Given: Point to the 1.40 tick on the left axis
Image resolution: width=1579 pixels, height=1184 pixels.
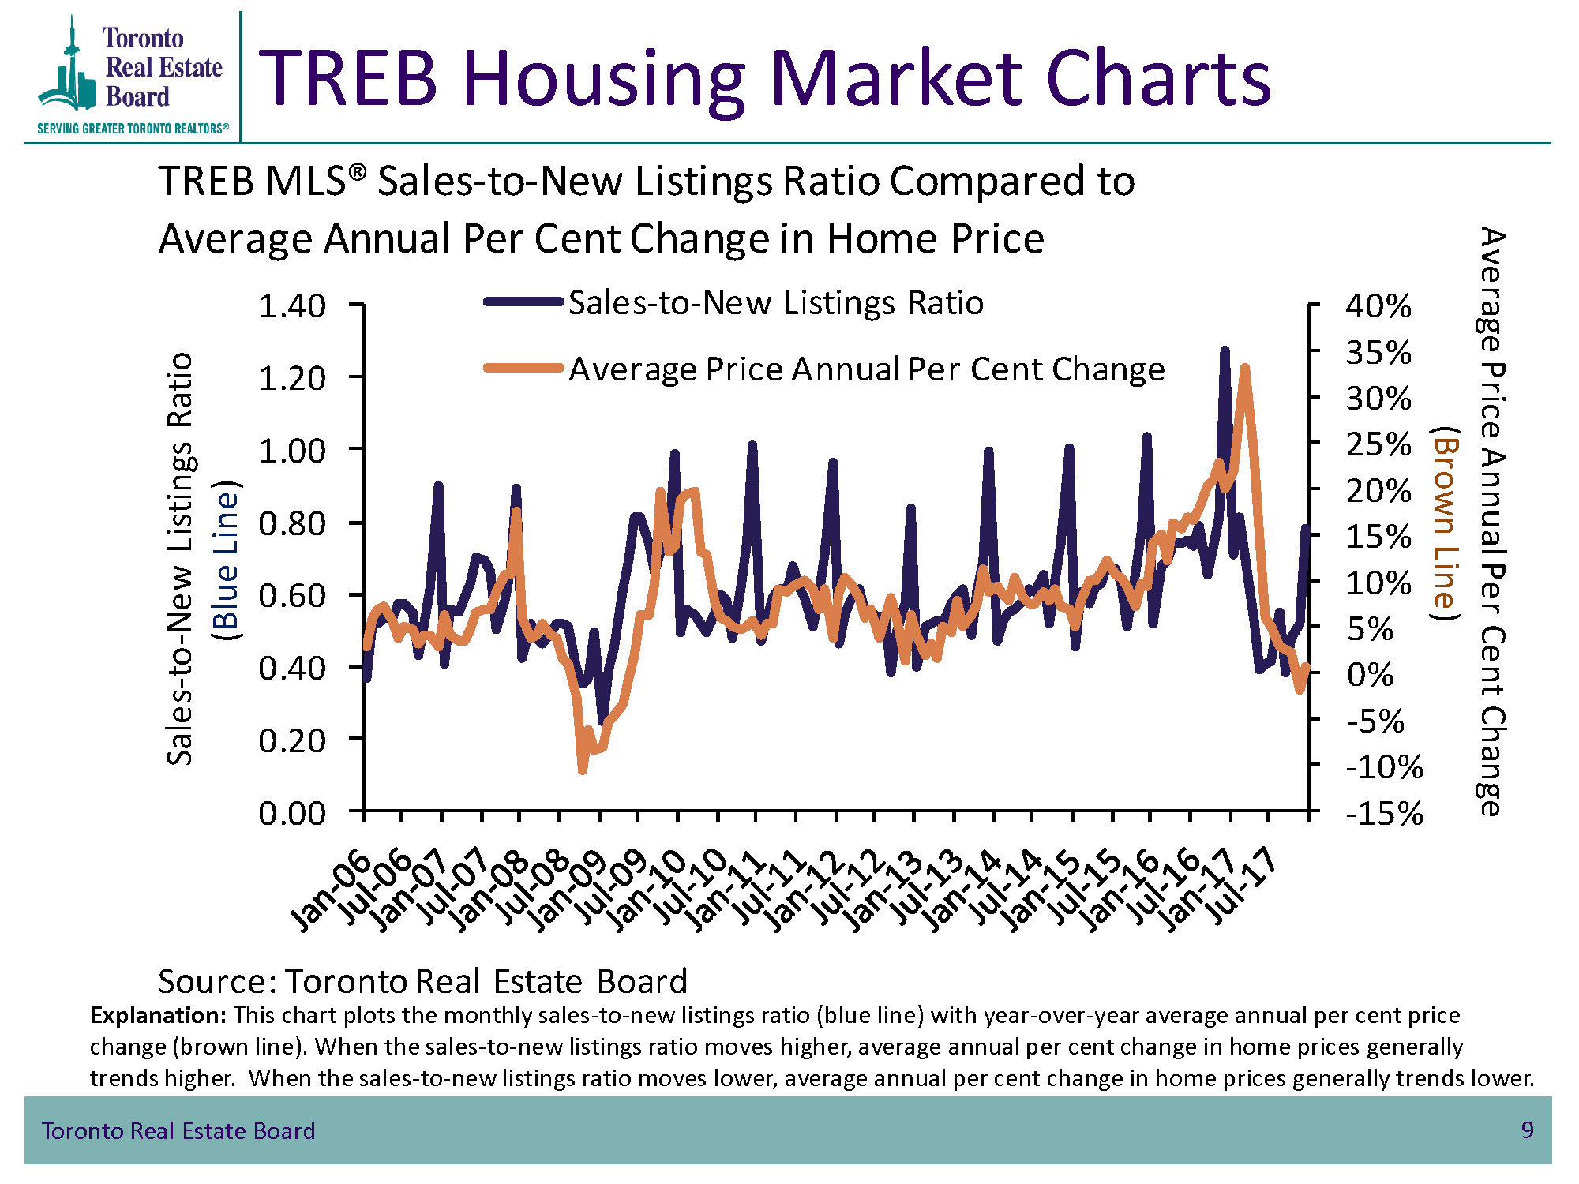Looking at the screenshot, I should click(292, 306).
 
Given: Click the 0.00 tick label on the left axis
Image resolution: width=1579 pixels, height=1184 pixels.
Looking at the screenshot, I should click(292, 813).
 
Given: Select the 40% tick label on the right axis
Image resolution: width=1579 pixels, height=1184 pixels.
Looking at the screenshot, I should click(1378, 306).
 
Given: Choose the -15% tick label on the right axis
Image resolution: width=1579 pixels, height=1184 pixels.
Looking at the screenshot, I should click(1384, 813).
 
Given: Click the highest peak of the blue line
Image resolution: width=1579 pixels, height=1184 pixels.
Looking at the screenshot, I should click(1225, 350).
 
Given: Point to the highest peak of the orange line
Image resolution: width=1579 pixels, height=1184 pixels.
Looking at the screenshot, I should click(1245, 368).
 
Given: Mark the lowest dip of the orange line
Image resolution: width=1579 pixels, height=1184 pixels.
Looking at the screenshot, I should click(583, 770).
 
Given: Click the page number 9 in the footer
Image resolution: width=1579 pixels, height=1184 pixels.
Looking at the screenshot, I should click(1527, 1130).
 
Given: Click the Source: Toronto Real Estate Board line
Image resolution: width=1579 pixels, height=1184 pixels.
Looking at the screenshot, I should click(422, 981).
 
